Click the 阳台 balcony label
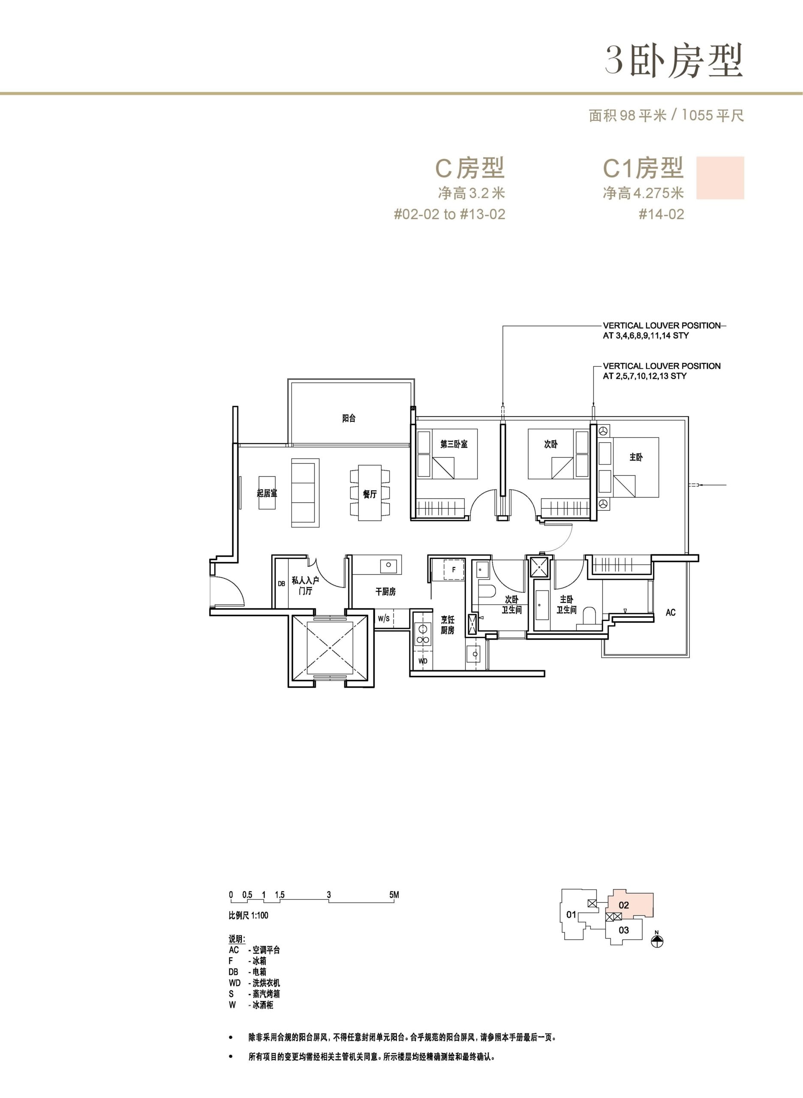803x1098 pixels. tap(349, 418)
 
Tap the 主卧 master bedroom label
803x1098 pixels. tap(636, 457)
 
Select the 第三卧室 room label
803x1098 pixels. tap(454, 444)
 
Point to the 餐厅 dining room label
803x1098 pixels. tap(370, 494)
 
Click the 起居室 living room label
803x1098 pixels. tap(267, 493)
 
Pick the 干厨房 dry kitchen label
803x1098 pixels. tap(385, 591)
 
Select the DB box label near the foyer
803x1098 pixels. tap(281, 583)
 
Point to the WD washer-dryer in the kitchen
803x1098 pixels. tap(423, 661)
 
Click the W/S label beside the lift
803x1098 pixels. tap(384, 618)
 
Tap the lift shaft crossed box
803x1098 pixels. tap(330, 648)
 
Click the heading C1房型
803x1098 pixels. tap(644, 168)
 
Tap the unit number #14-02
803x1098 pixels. tap(661, 214)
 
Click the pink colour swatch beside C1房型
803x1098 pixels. tap(720, 178)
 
